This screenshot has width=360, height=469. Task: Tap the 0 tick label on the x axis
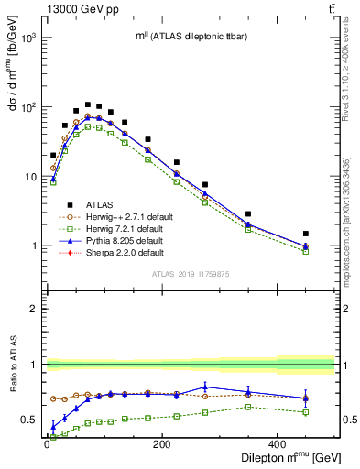46,445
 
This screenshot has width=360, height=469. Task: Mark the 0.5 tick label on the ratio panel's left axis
31,420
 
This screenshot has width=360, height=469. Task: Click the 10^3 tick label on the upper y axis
27,38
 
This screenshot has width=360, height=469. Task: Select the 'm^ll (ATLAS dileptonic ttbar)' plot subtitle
188,36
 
